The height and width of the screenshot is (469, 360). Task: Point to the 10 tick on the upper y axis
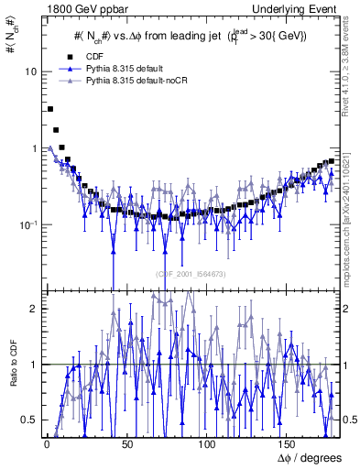pos(29,71)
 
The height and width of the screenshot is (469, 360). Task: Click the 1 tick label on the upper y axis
pos(32,148)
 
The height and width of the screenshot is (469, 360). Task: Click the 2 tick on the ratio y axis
pos(32,309)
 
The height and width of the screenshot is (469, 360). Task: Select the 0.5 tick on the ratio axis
pos(28,420)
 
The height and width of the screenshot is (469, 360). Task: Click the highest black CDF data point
pos(50,109)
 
